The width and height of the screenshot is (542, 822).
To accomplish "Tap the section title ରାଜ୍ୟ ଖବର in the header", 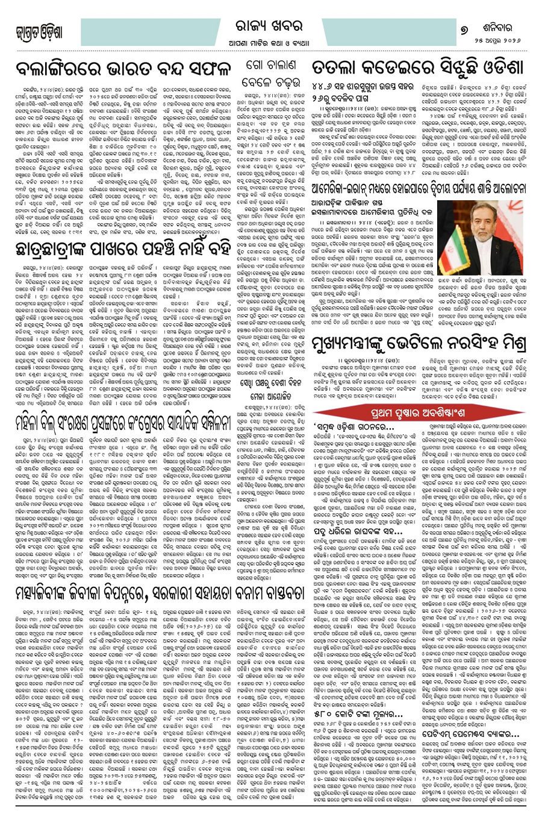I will click(x=273, y=24).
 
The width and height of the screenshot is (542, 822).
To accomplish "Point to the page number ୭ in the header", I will click(x=463, y=24).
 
